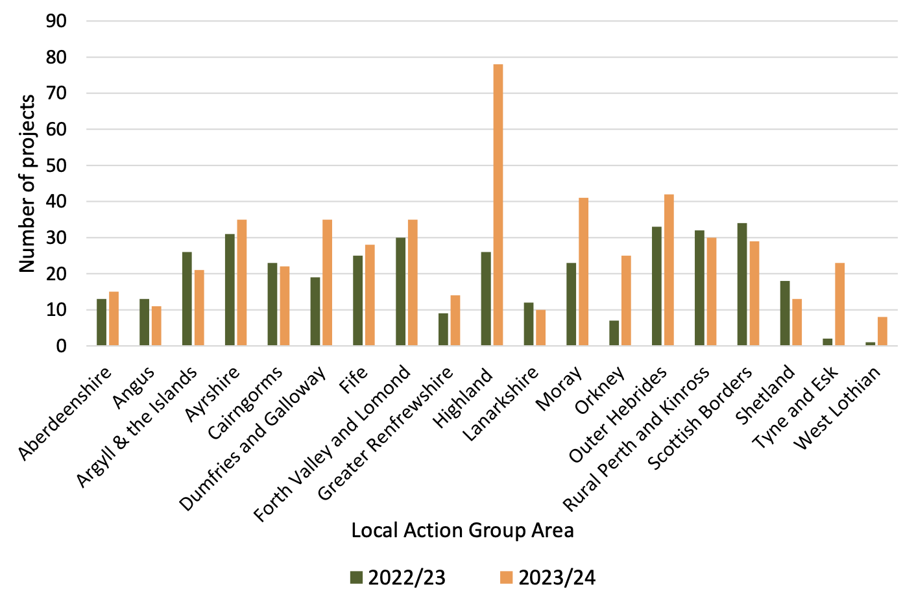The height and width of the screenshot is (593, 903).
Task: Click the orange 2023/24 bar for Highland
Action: (498, 205)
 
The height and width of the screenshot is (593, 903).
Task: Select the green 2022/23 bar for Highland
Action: (486, 298)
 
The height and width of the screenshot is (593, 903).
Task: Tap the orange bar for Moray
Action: (584, 272)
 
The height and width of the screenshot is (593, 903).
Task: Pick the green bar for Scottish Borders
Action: (742, 284)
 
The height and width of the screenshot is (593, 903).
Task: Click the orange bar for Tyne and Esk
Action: (840, 304)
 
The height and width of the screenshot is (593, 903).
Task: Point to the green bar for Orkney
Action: (614, 333)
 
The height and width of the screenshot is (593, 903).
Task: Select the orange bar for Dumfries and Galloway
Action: (328, 283)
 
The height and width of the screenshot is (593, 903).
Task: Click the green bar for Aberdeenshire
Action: (101, 322)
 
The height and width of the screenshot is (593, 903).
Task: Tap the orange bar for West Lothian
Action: (882, 332)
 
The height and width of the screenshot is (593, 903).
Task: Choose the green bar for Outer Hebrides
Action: (656, 286)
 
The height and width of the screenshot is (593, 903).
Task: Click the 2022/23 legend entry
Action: (398, 577)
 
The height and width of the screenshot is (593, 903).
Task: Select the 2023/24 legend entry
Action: (548, 577)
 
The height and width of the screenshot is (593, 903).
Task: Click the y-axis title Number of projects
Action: (27, 184)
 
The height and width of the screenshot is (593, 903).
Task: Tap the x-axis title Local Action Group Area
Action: (462, 530)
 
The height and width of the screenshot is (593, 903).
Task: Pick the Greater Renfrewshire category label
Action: (387, 433)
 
